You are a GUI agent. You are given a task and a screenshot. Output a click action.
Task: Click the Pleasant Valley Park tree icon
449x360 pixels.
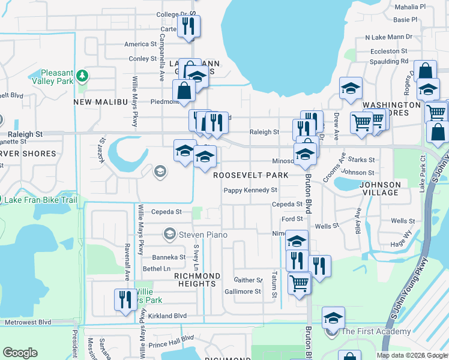(x=82, y=77)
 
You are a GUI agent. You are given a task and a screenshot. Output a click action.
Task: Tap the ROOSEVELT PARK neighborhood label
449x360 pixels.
(x=252, y=175)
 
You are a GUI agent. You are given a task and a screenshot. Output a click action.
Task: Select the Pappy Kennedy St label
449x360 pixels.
(x=250, y=190)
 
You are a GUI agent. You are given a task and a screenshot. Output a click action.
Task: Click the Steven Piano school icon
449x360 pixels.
(x=170, y=234)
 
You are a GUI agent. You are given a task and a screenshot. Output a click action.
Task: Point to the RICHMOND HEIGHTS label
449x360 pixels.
(x=197, y=275)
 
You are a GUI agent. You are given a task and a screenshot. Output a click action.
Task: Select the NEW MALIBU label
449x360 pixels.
(x=101, y=103)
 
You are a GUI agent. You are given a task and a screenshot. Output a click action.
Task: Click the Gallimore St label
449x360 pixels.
(x=243, y=292)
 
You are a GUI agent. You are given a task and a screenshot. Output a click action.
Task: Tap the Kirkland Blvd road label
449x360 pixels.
(x=167, y=316)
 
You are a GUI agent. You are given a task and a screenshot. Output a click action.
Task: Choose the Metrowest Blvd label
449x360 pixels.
(x=28, y=322)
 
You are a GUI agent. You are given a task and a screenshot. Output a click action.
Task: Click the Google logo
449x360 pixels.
(x=20, y=353)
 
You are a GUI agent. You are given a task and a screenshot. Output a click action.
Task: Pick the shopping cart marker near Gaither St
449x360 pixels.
(x=299, y=283)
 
